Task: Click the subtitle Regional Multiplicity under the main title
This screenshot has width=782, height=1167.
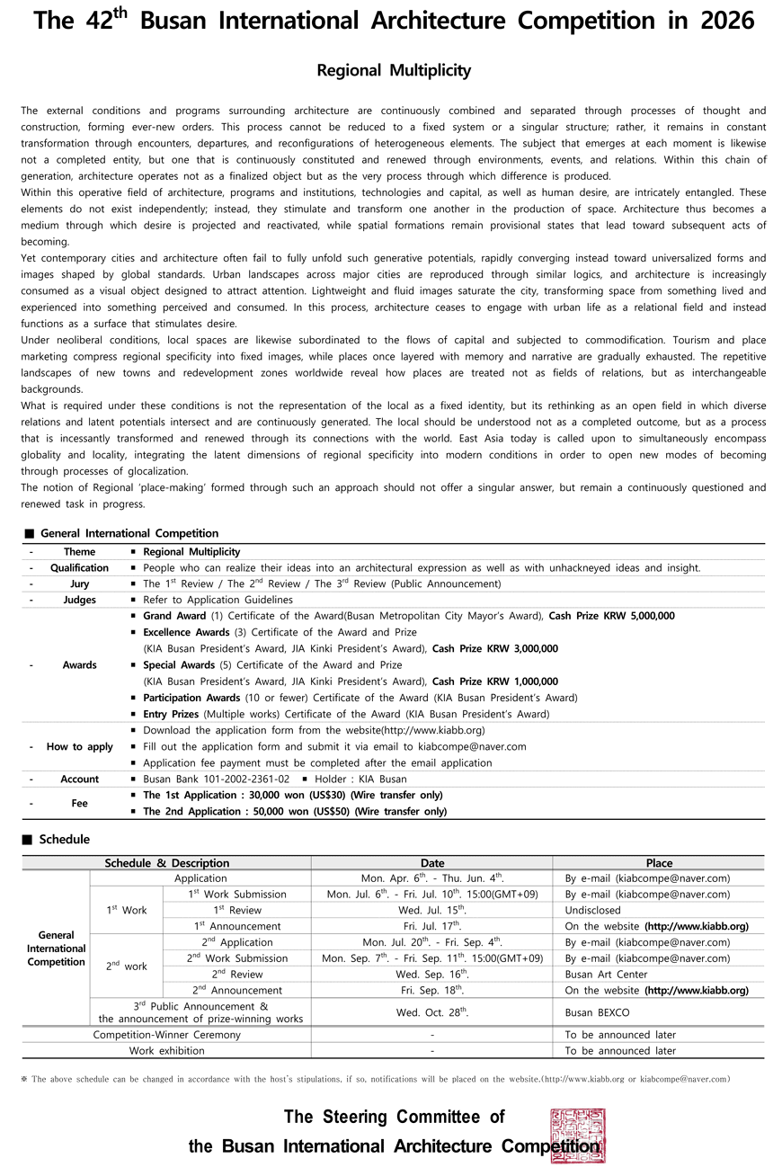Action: click(x=394, y=70)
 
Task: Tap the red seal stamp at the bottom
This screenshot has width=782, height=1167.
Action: click(x=577, y=1136)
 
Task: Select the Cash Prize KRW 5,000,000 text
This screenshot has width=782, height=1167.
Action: click(x=611, y=616)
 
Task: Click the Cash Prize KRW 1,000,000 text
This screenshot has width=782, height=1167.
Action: click(x=494, y=681)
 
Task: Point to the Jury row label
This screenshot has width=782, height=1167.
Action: click(x=79, y=583)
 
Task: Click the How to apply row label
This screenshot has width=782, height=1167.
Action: click(x=79, y=746)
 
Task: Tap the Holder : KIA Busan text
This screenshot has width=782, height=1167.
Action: click(x=360, y=779)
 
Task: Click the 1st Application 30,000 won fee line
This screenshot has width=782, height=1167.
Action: click(x=293, y=795)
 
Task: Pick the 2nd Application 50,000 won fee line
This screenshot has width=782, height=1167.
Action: click(x=295, y=811)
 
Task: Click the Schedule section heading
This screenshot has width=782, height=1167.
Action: click(x=64, y=839)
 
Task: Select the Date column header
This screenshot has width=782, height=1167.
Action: click(x=432, y=862)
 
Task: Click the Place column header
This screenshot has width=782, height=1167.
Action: click(x=659, y=862)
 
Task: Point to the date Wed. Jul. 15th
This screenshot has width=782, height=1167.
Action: click(x=432, y=910)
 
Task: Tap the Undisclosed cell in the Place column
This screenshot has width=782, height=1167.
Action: click(x=592, y=910)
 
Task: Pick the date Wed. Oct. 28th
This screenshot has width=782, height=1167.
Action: click(x=432, y=1012)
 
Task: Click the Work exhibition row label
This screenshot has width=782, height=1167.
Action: click(x=167, y=1050)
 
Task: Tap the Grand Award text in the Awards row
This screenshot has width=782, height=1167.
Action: click(x=174, y=616)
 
